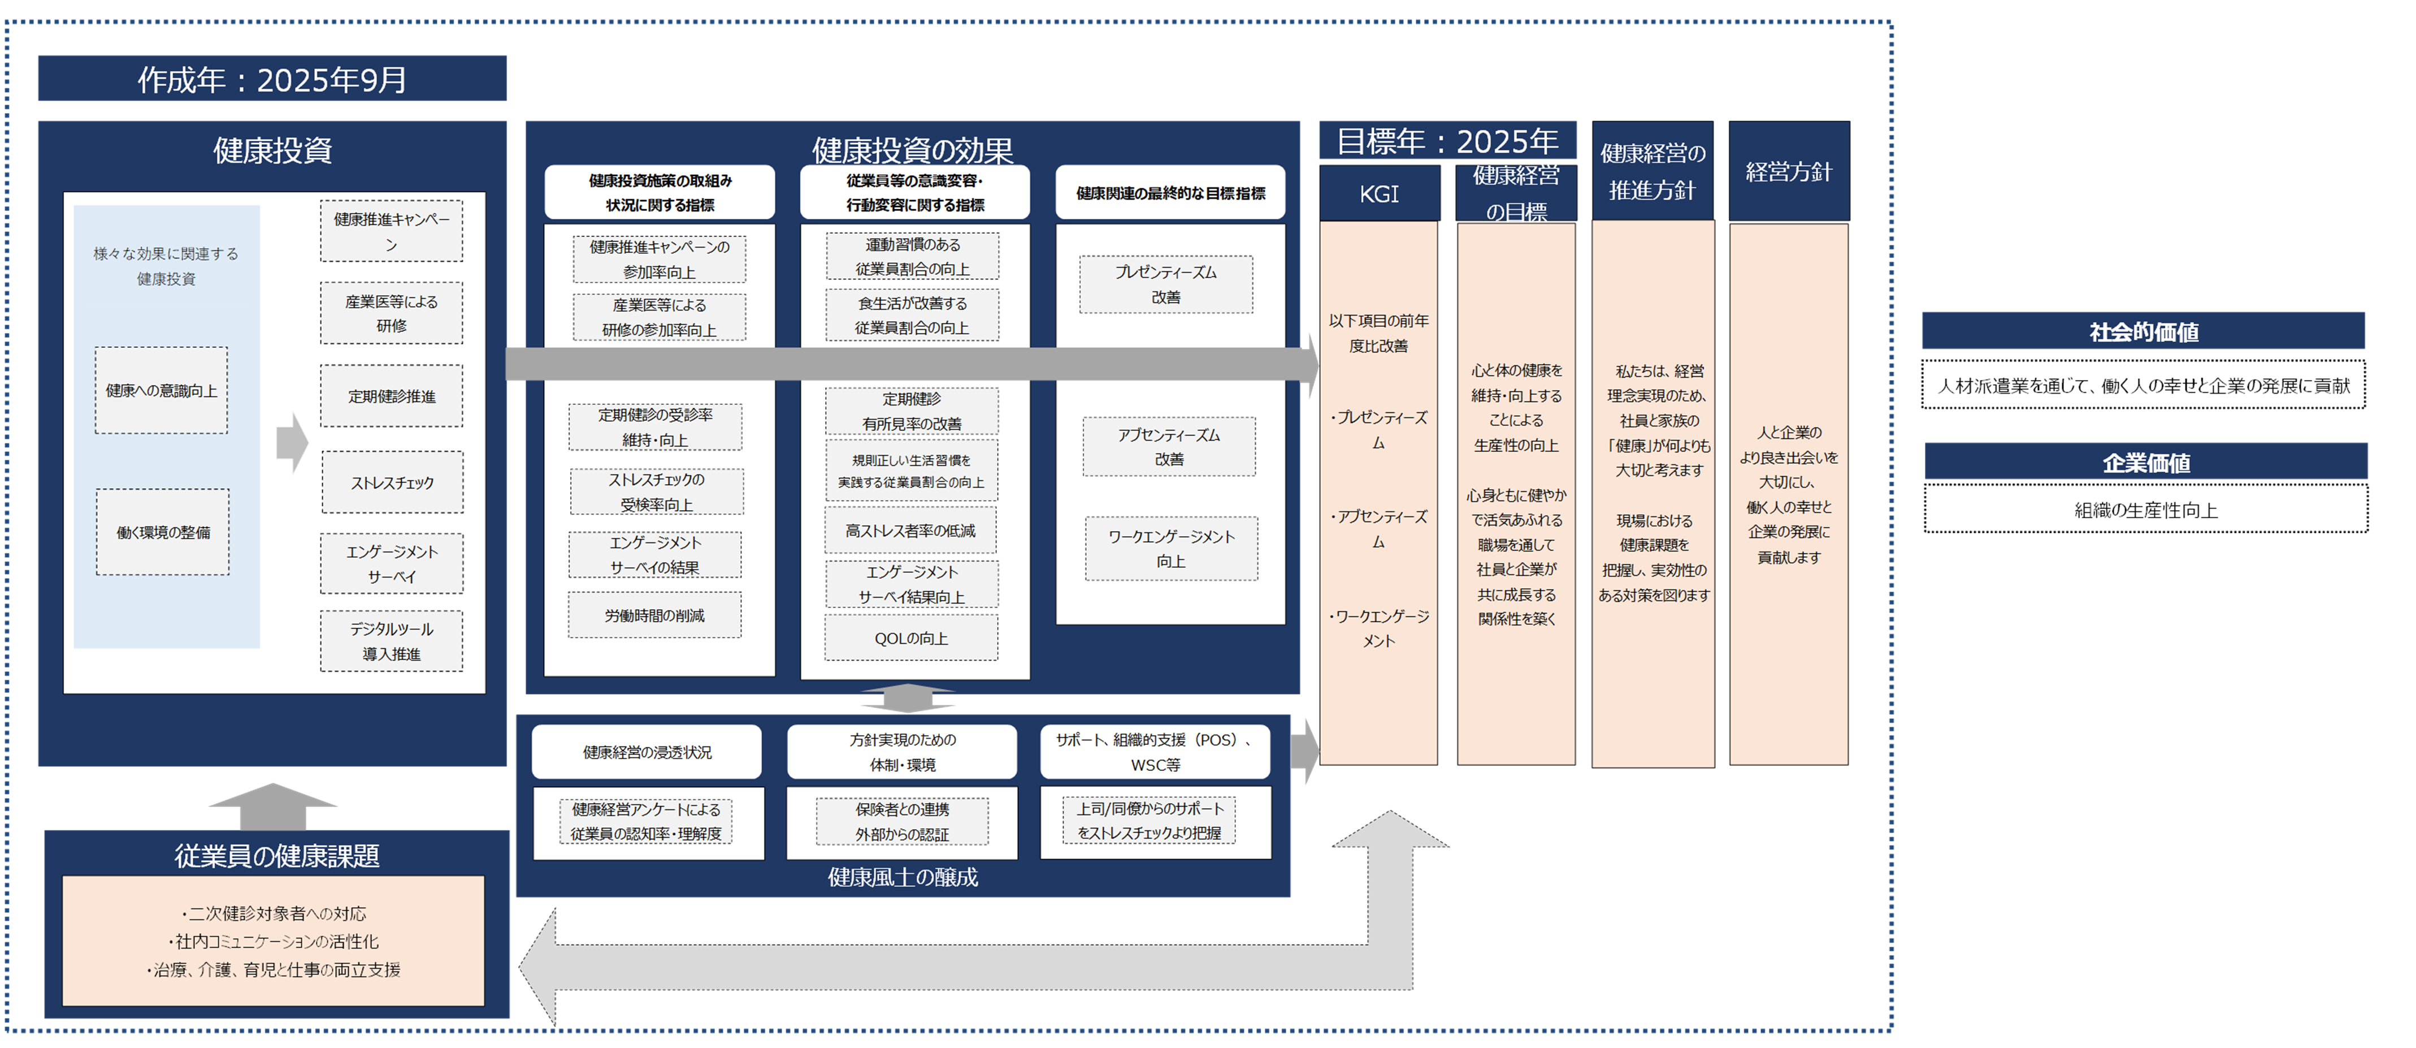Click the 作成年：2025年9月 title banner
point(272,79)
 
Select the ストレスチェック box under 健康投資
point(392,482)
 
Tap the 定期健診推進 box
point(392,396)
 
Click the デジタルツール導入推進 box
point(392,641)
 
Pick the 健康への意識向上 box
point(161,390)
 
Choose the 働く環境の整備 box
point(163,532)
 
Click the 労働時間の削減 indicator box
point(654,615)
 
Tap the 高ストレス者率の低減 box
point(910,531)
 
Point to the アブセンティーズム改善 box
point(1169,447)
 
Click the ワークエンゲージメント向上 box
point(1172,549)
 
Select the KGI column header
point(1379,194)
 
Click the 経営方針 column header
point(1789,172)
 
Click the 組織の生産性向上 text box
point(2146,510)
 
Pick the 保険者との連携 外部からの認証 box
point(902,822)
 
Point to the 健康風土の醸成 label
point(902,877)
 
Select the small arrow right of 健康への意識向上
point(293,442)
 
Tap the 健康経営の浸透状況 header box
point(647,752)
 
